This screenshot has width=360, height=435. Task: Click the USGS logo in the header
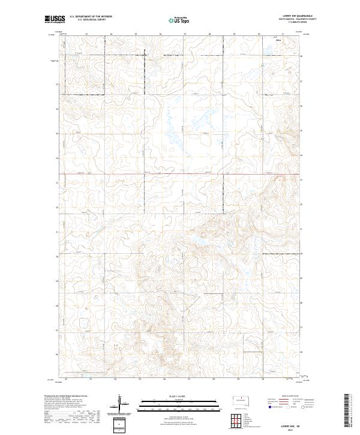point(55,20)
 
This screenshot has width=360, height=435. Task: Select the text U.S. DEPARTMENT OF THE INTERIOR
point(91,17)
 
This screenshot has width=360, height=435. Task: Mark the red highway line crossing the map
point(180,175)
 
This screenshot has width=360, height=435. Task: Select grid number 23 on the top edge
point(86,35)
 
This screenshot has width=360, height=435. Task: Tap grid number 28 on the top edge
point(209,35)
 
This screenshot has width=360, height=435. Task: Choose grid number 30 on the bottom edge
point(263,379)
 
